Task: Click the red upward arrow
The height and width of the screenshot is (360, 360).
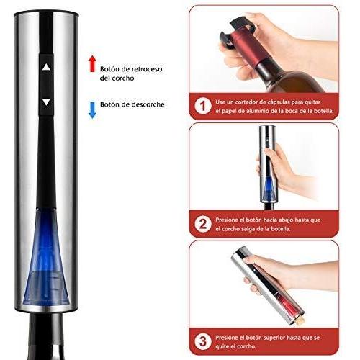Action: (x=92, y=63)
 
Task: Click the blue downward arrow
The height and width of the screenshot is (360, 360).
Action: (x=92, y=110)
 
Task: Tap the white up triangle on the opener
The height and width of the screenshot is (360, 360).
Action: (x=46, y=67)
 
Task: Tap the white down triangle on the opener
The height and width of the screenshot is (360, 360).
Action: (x=46, y=102)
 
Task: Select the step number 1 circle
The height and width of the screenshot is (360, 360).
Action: (x=203, y=107)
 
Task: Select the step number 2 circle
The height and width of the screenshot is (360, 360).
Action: (x=203, y=224)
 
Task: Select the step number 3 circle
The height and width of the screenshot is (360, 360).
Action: (x=203, y=341)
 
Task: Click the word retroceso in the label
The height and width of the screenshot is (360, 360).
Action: (x=147, y=69)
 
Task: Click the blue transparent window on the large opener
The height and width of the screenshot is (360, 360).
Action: (x=46, y=257)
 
